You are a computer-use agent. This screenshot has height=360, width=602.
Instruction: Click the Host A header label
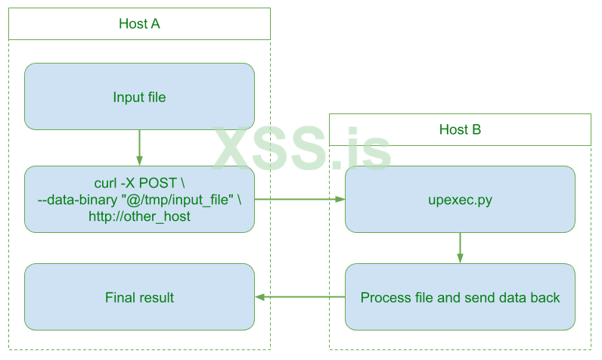(139, 23)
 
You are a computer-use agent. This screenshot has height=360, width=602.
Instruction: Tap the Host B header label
(460, 129)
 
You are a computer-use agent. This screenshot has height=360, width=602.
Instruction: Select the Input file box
(139, 97)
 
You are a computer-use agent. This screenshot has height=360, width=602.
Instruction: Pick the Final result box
(139, 297)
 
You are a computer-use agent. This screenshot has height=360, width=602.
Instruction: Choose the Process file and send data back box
(460, 297)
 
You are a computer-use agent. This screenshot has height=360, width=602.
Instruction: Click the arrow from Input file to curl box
(139, 147)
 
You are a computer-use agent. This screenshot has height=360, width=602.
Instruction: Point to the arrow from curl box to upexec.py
(299, 200)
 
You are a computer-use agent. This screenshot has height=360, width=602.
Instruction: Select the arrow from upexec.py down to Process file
(460, 247)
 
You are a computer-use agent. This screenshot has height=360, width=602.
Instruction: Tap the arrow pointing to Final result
(299, 297)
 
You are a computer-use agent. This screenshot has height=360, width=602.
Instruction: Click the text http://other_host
(139, 216)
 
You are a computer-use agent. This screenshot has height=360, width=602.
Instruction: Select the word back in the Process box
(545, 297)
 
